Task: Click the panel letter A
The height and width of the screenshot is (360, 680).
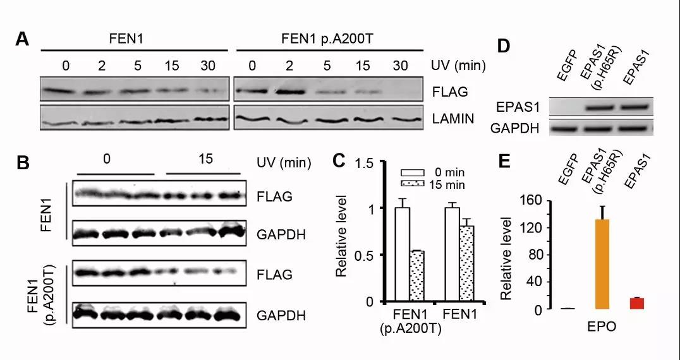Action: (x=22, y=39)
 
